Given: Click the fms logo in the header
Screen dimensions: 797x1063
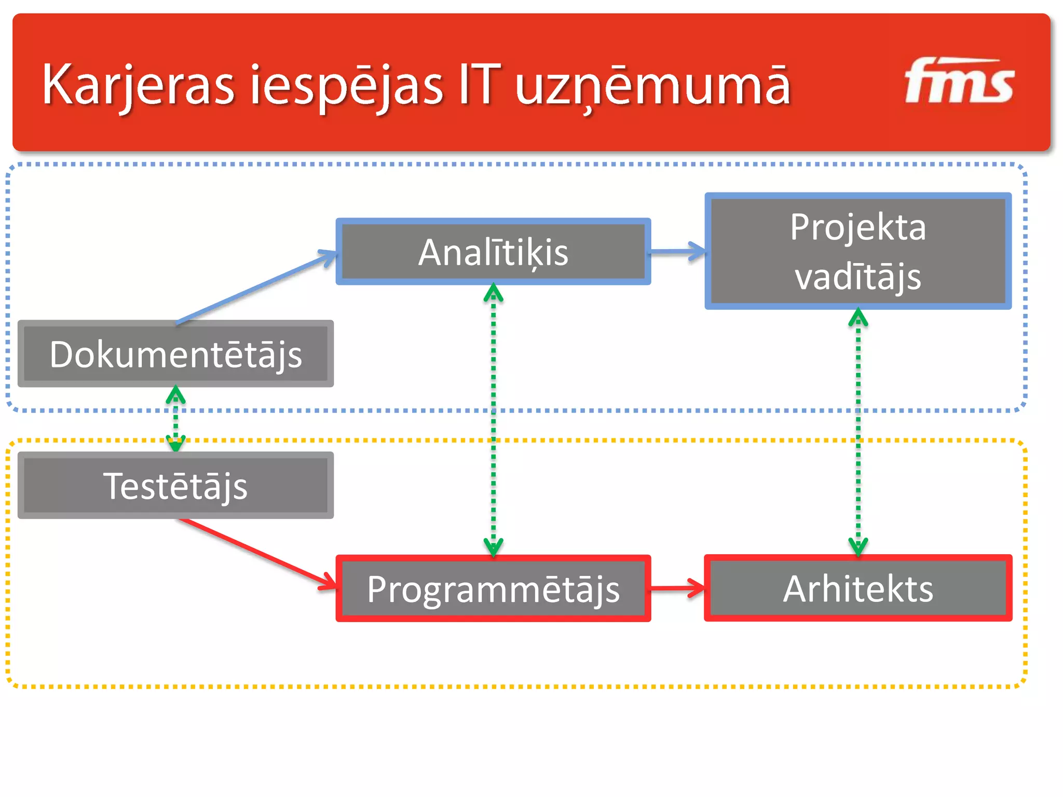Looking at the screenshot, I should click(x=959, y=82).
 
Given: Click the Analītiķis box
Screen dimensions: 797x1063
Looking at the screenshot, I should click(x=493, y=252).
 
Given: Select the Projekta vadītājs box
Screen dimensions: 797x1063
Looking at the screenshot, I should click(x=857, y=251).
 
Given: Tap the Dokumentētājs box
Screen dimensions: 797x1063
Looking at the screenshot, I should click(x=175, y=354).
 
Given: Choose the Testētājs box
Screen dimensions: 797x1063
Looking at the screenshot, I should click(x=175, y=485).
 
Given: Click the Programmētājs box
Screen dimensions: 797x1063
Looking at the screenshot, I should click(x=493, y=588).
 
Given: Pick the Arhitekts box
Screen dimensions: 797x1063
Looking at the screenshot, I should click(x=857, y=588).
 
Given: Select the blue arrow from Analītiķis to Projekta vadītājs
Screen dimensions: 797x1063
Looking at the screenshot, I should click(x=677, y=252).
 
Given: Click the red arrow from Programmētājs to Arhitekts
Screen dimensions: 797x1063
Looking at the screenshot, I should click(x=677, y=588).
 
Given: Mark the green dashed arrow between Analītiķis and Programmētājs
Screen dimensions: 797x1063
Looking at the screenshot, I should click(x=493, y=420).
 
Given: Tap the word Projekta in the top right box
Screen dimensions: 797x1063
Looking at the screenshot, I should click(x=857, y=227).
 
